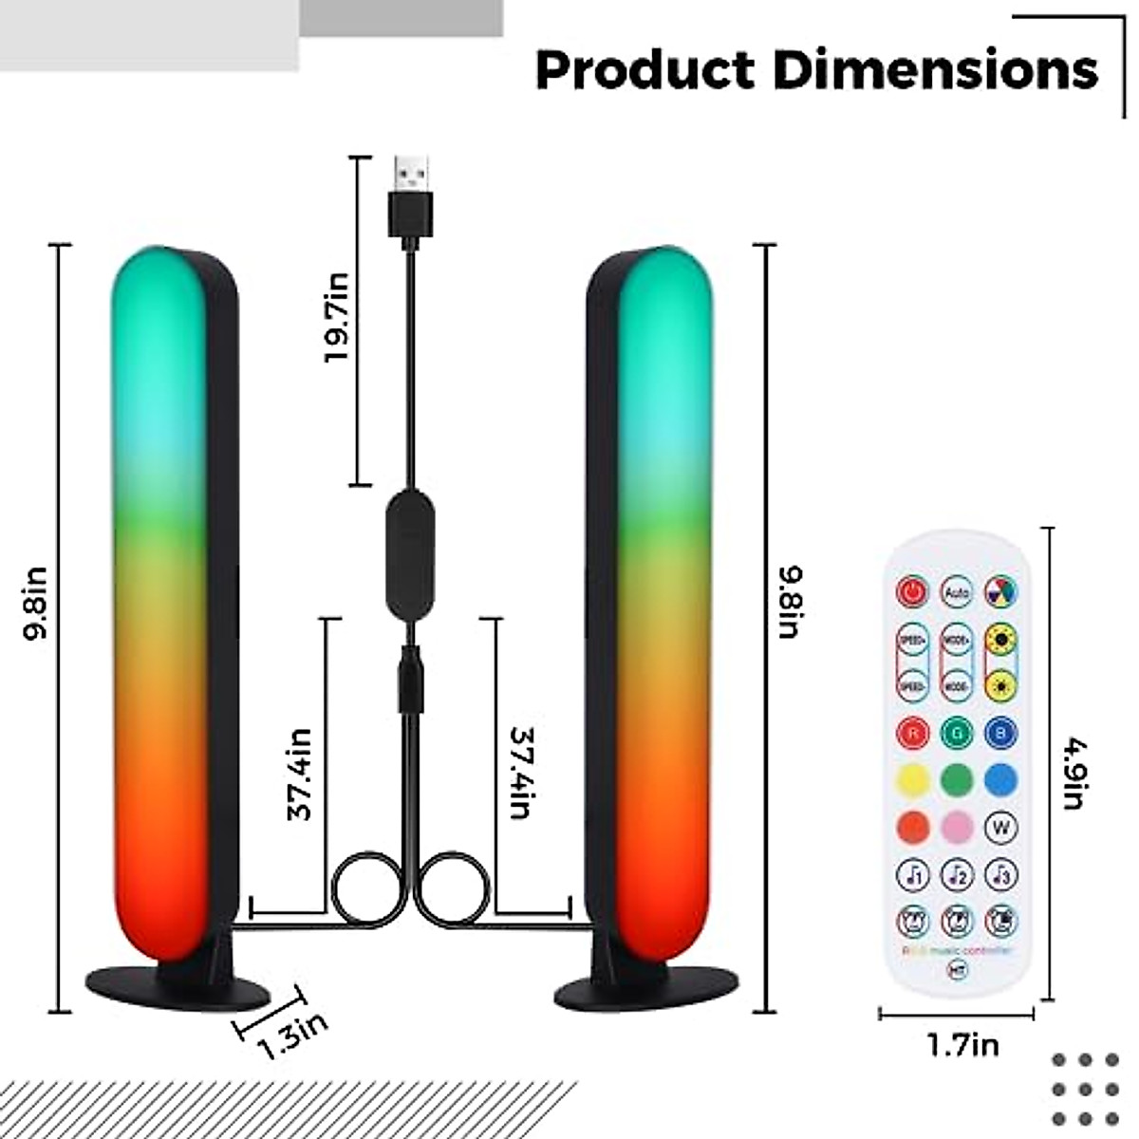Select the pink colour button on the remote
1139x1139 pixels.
click(x=956, y=827)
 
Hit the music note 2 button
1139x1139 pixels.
click(x=956, y=873)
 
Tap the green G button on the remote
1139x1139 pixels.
click(x=956, y=732)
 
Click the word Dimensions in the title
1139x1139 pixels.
click(x=934, y=69)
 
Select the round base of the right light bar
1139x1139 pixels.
click(x=645, y=989)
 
